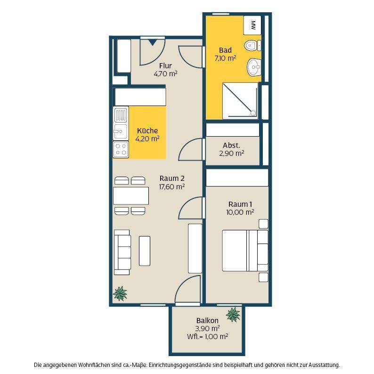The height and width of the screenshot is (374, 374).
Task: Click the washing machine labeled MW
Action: click(x=252, y=25)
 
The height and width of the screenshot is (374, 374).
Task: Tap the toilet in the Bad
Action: click(x=252, y=45)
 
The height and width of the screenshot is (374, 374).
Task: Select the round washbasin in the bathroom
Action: click(x=254, y=67)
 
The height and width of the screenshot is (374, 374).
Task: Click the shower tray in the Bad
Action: click(x=240, y=101)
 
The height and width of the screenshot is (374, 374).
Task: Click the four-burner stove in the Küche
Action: click(x=121, y=149)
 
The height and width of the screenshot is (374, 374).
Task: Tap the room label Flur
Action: click(x=165, y=65)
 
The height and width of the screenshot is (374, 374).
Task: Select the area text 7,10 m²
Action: click(x=226, y=58)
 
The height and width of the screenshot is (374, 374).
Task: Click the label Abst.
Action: click(x=231, y=145)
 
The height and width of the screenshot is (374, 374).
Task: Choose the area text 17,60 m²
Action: click(x=172, y=187)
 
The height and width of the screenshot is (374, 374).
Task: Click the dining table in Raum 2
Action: click(x=131, y=196)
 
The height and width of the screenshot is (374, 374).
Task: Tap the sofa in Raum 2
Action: click(x=122, y=252)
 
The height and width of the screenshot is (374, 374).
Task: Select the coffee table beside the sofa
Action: click(x=145, y=251)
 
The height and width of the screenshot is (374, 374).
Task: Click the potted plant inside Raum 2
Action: click(x=120, y=293)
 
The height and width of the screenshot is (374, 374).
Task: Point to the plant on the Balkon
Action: click(x=233, y=315)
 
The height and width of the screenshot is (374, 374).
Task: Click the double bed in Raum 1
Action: click(x=245, y=251)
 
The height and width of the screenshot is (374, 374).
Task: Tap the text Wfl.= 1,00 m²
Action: click(x=208, y=336)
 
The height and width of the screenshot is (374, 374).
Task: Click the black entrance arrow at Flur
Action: click(x=152, y=43)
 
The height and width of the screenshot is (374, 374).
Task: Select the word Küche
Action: click(x=147, y=130)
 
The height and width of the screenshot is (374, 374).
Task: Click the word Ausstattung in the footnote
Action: click(x=324, y=365)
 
